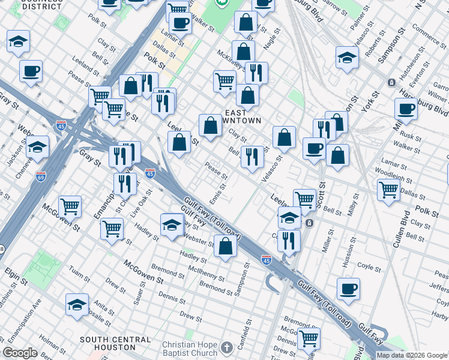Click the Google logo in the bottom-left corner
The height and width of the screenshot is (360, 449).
click(x=20, y=353)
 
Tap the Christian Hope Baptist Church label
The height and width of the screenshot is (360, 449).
click(x=189, y=349)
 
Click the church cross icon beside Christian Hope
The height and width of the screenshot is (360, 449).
click(x=226, y=348)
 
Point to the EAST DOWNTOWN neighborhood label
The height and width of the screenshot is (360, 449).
click(x=243, y=116)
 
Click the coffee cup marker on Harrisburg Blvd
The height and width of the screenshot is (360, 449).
click(x=406, y=109)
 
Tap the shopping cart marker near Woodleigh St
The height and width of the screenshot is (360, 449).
click(x=388, y=189)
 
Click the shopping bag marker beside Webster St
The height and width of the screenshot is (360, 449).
click(x=225, y=247)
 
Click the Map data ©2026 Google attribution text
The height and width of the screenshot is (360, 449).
click(x=412, y=355)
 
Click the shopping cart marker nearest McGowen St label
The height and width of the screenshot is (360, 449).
click(x=70, y=206)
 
